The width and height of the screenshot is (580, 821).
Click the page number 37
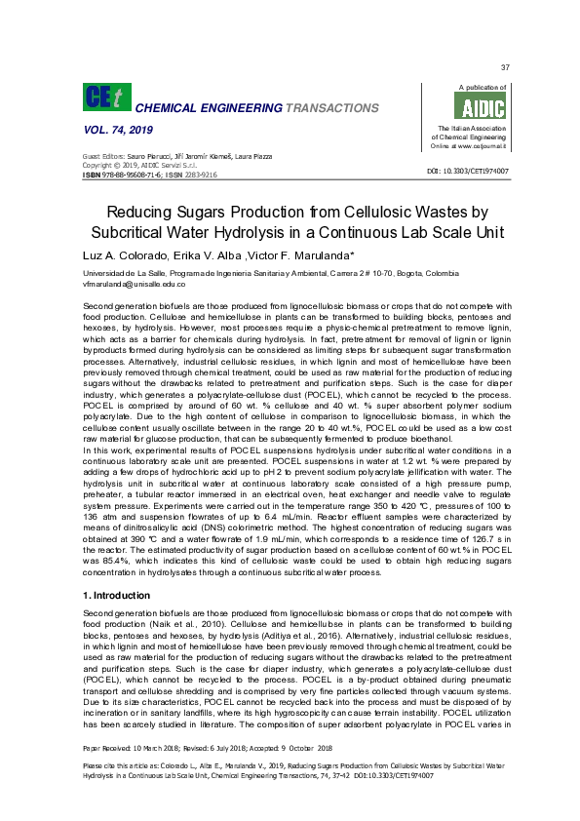pos(505,67)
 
